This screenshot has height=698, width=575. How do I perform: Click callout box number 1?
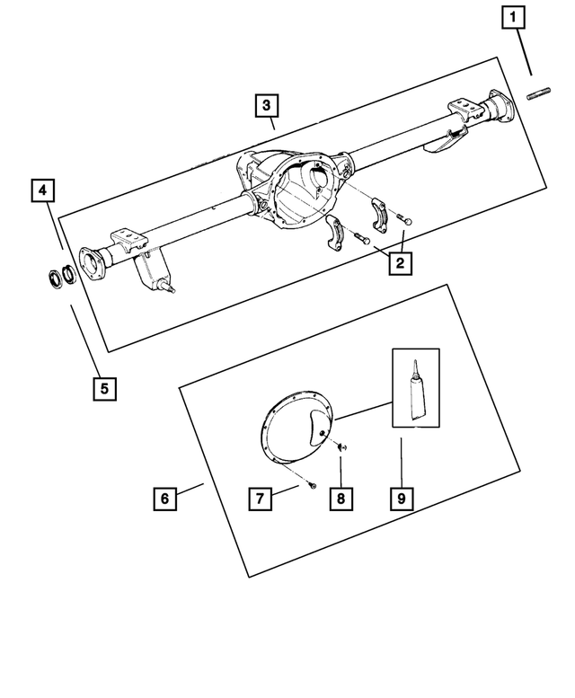(x=514, y=17)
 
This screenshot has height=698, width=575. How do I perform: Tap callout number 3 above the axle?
(x=266, y=106)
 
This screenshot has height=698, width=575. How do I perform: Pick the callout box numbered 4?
(x=42, y=190)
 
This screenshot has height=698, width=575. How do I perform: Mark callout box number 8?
(x=341, y=498)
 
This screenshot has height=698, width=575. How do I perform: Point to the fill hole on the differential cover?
(x=321, y=435)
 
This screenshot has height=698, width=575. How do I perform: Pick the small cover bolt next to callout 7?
(x=311, y=484)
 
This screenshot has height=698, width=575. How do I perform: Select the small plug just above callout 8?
(x=342, y=446)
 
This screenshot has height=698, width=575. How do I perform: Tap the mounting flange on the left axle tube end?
(x=90, y=264)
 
